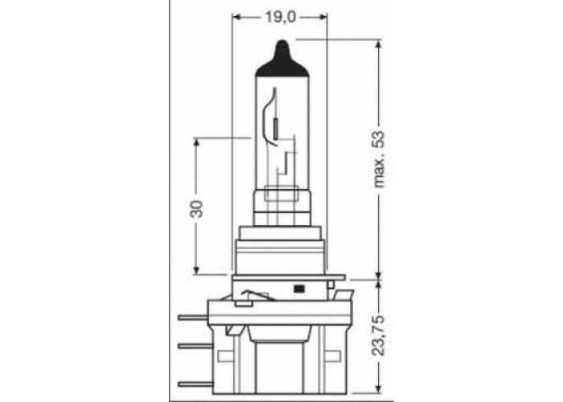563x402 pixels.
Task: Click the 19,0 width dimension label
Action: pos(281,17)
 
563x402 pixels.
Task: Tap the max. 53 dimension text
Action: pos(379,159)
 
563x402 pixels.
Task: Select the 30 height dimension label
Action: pos(196,209)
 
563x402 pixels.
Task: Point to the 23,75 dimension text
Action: pos(378,335)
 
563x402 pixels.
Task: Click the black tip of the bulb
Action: pos(281,59)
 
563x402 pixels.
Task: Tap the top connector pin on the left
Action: pos(193,318)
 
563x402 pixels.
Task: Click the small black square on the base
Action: pos(298,288)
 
